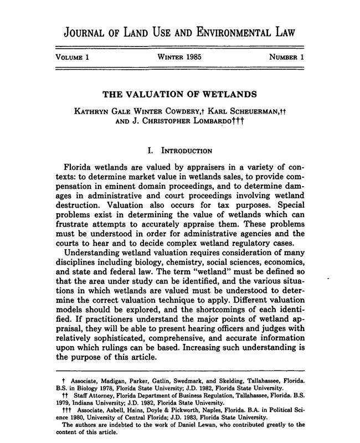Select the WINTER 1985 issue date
click(179, 58)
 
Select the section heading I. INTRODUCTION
click(180, 150)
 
